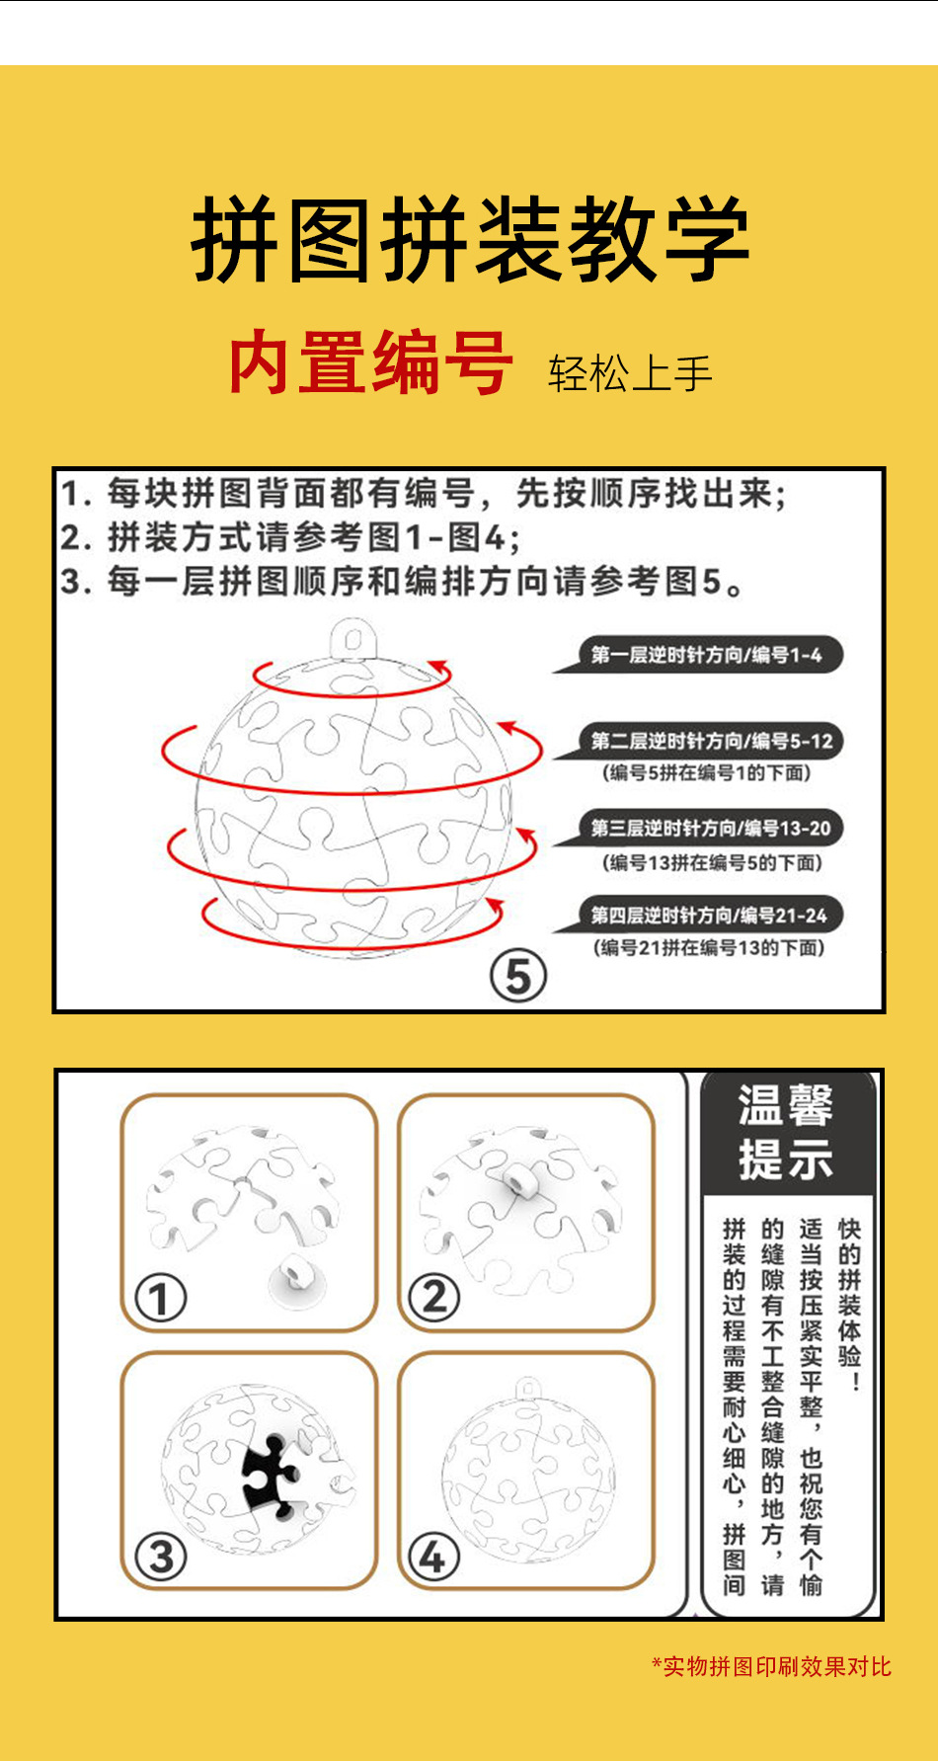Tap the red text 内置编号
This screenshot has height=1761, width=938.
pyautogui.click(x=370, y=363)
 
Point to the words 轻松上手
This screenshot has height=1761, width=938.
pyautogui.click(x=630, y=373)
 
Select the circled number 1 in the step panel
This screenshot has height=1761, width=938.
pyautogui.click(x=161, y=1297)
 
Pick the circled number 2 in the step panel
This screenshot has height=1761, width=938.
pyautogui.click(x=434, y=1297)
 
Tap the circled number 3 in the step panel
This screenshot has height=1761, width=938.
pyautogui.click(x=161, y=1557)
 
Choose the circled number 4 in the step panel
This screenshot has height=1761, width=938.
pyautogui.click(x=433, y=1558)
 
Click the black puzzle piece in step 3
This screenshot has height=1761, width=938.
pyautogui.click(x=270, y=1476)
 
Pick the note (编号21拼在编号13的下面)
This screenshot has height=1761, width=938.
pyautogui.click(x=709, y=948)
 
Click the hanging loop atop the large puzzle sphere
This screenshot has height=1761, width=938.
pyautogui.click(x=353, y=639)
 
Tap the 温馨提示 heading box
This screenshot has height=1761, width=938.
pyautogui.click(x=787, y=1132)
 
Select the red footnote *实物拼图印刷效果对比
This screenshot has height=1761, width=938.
pyautogui.click(x=772, y=1667)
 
